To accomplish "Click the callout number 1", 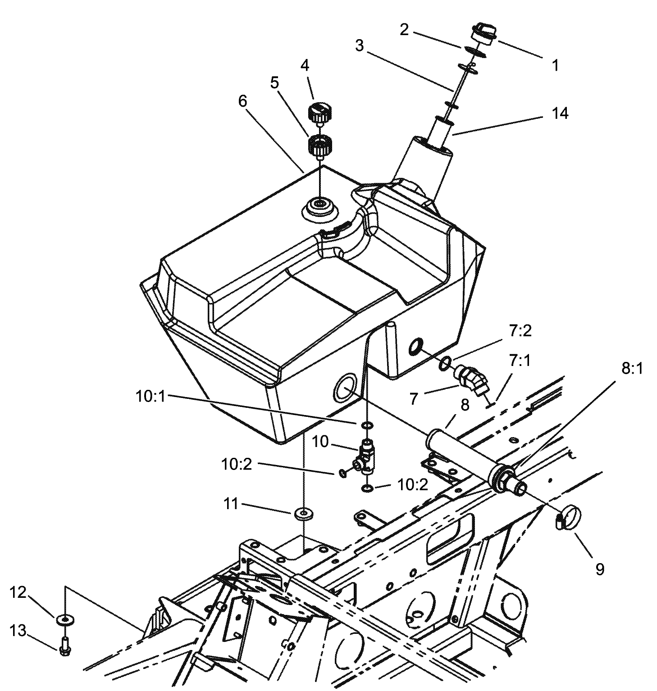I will [x=555, y=66].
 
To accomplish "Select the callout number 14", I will [x=560, y=113].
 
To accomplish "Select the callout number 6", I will [x=242, y=101].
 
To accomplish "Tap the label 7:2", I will [x=520, y=331].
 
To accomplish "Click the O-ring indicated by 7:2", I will [x=445, y=362].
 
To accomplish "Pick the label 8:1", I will [x=632, y=369].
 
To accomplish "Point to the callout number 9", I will [x=599, y=569].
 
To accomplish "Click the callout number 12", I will [x=18, y=592].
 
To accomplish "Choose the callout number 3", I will [x=359, y=46].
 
